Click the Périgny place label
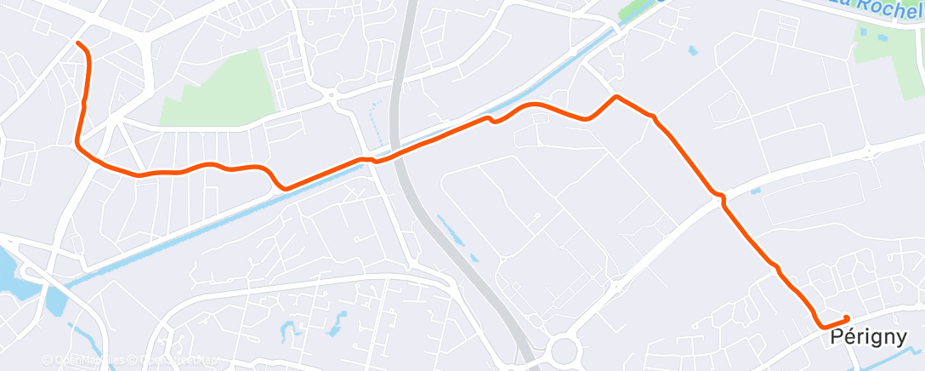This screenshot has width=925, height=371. tap(868, 338)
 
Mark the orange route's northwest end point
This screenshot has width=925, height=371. tap(78, 43)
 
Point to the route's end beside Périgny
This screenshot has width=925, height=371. tap(847, 318)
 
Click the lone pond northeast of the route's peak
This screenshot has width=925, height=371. tap(692, 52)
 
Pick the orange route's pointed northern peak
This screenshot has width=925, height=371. tap(616, 96)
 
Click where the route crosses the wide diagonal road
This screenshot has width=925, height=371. tap(721, 197)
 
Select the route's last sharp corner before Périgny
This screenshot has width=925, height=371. tap(821, 325)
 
